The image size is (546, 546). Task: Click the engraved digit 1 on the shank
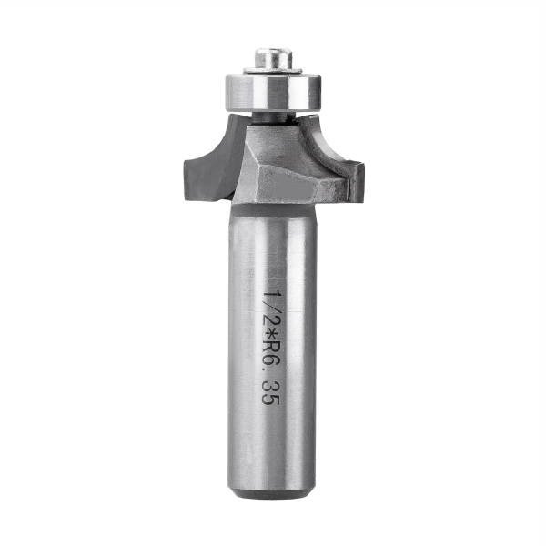pyautogui.click(x=270, y=296)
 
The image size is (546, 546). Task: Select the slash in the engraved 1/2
pyautogui.click(x=270, y=309)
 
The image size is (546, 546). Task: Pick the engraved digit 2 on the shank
pyautogui.click(x=270, y=323)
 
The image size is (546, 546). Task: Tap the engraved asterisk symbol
pyautogui.click(x=270, y=338)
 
